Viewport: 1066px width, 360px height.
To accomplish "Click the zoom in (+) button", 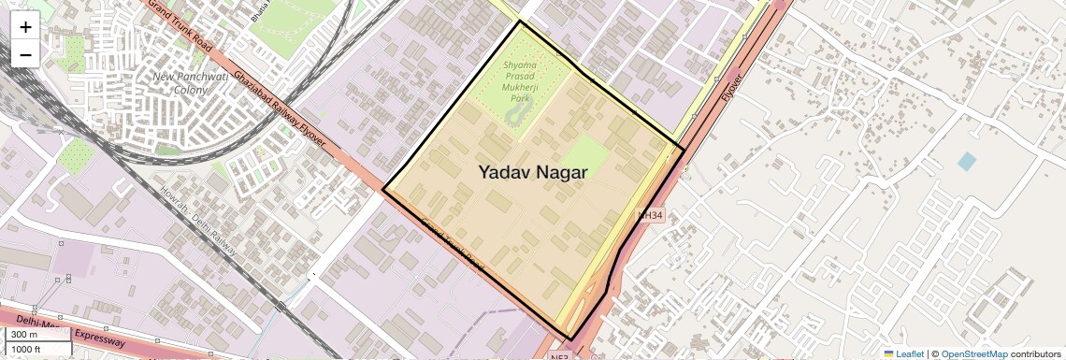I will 25,26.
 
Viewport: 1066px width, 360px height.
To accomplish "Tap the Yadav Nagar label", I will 533,172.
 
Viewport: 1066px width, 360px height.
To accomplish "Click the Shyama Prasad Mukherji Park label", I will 521,80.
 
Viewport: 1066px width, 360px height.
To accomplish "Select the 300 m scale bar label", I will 25,335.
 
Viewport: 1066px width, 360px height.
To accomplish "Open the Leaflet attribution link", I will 903,353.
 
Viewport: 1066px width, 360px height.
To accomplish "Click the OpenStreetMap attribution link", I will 973,353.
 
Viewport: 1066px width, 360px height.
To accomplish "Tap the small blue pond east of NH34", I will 966,161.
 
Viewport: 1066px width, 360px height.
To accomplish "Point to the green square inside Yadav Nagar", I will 585,154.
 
